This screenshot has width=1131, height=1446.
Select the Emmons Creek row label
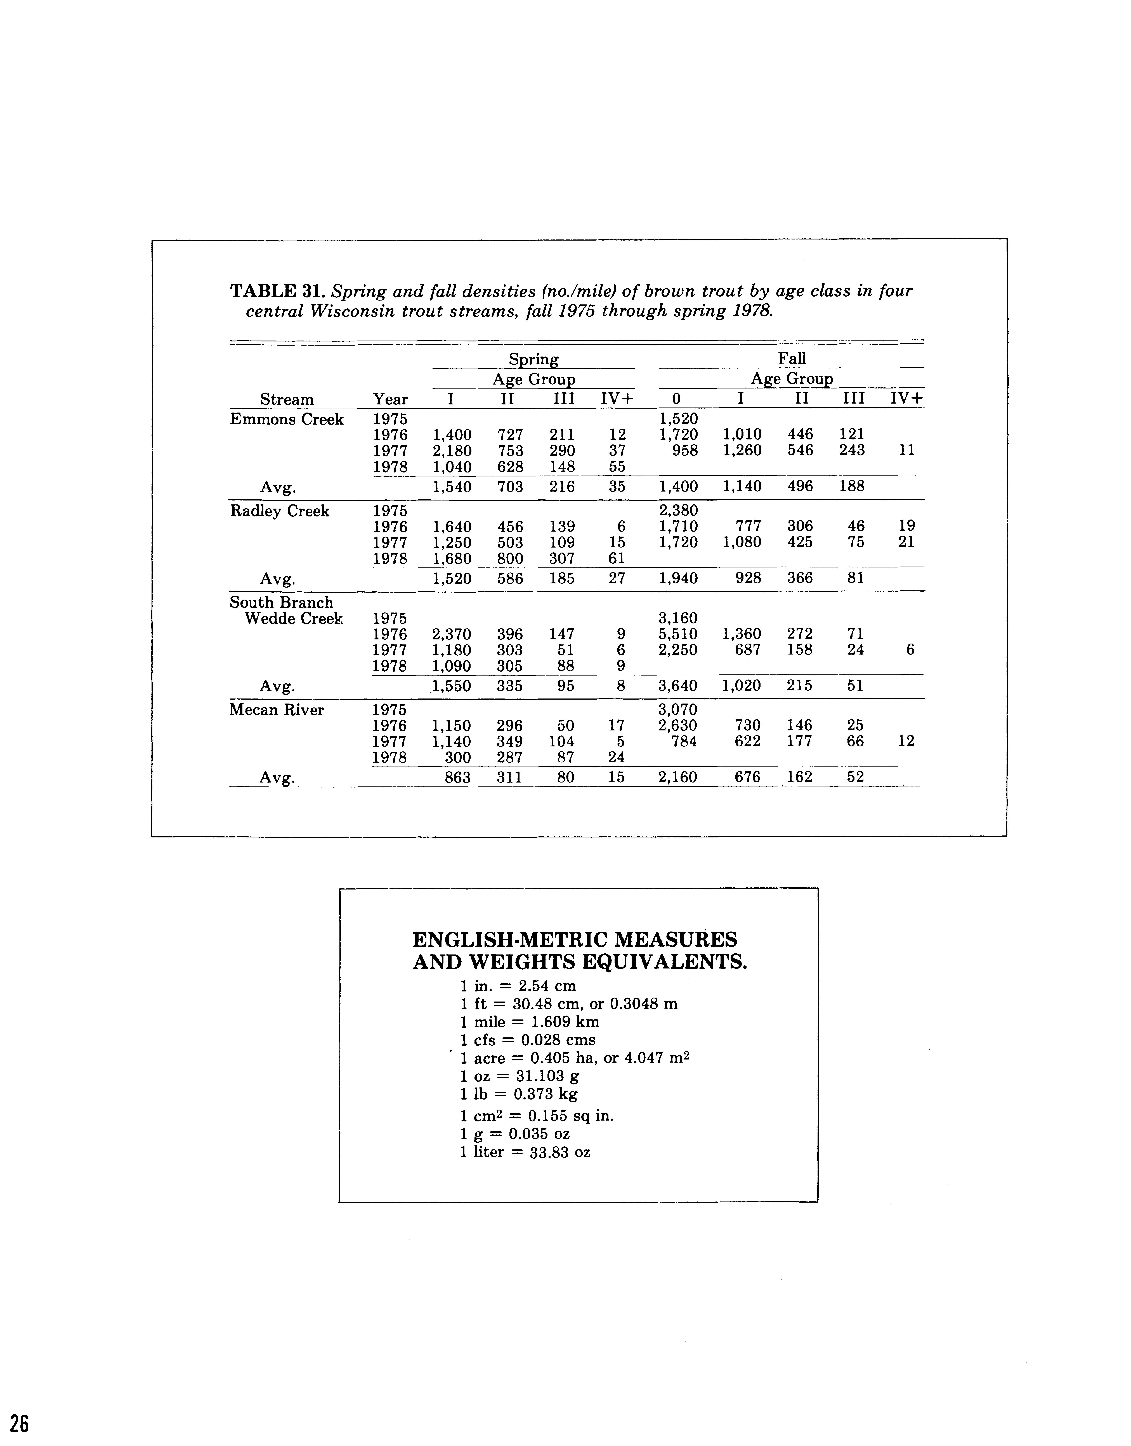click(287, 420)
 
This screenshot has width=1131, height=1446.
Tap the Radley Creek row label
click(279, 511)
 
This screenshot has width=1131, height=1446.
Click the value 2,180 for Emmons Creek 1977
click(452, 451)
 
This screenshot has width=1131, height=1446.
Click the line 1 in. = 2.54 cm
click(518, 985)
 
